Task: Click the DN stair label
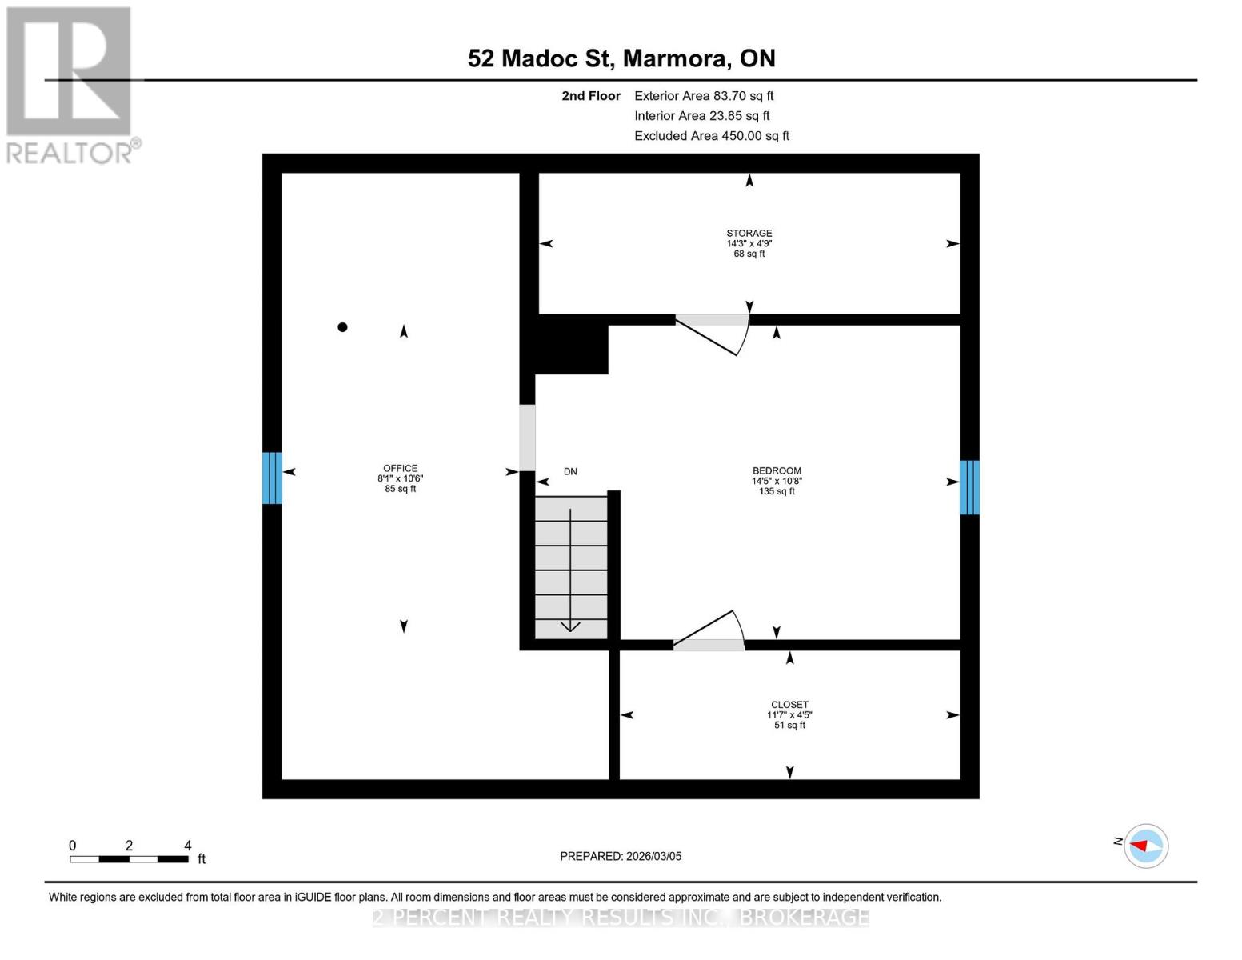point(570,471)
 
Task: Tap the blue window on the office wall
point(272,478)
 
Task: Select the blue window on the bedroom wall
point(969,487)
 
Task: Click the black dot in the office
point(342,326)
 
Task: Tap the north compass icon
point(1146,846)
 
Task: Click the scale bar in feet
point(130,858)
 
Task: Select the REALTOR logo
point(70,85)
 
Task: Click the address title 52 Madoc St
point(621,58)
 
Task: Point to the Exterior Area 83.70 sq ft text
point(704,96)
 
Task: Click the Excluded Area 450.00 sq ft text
point(712,136)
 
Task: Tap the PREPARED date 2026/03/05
point(621,856)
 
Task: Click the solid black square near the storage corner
point(571,344)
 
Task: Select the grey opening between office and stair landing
point(527,438)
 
